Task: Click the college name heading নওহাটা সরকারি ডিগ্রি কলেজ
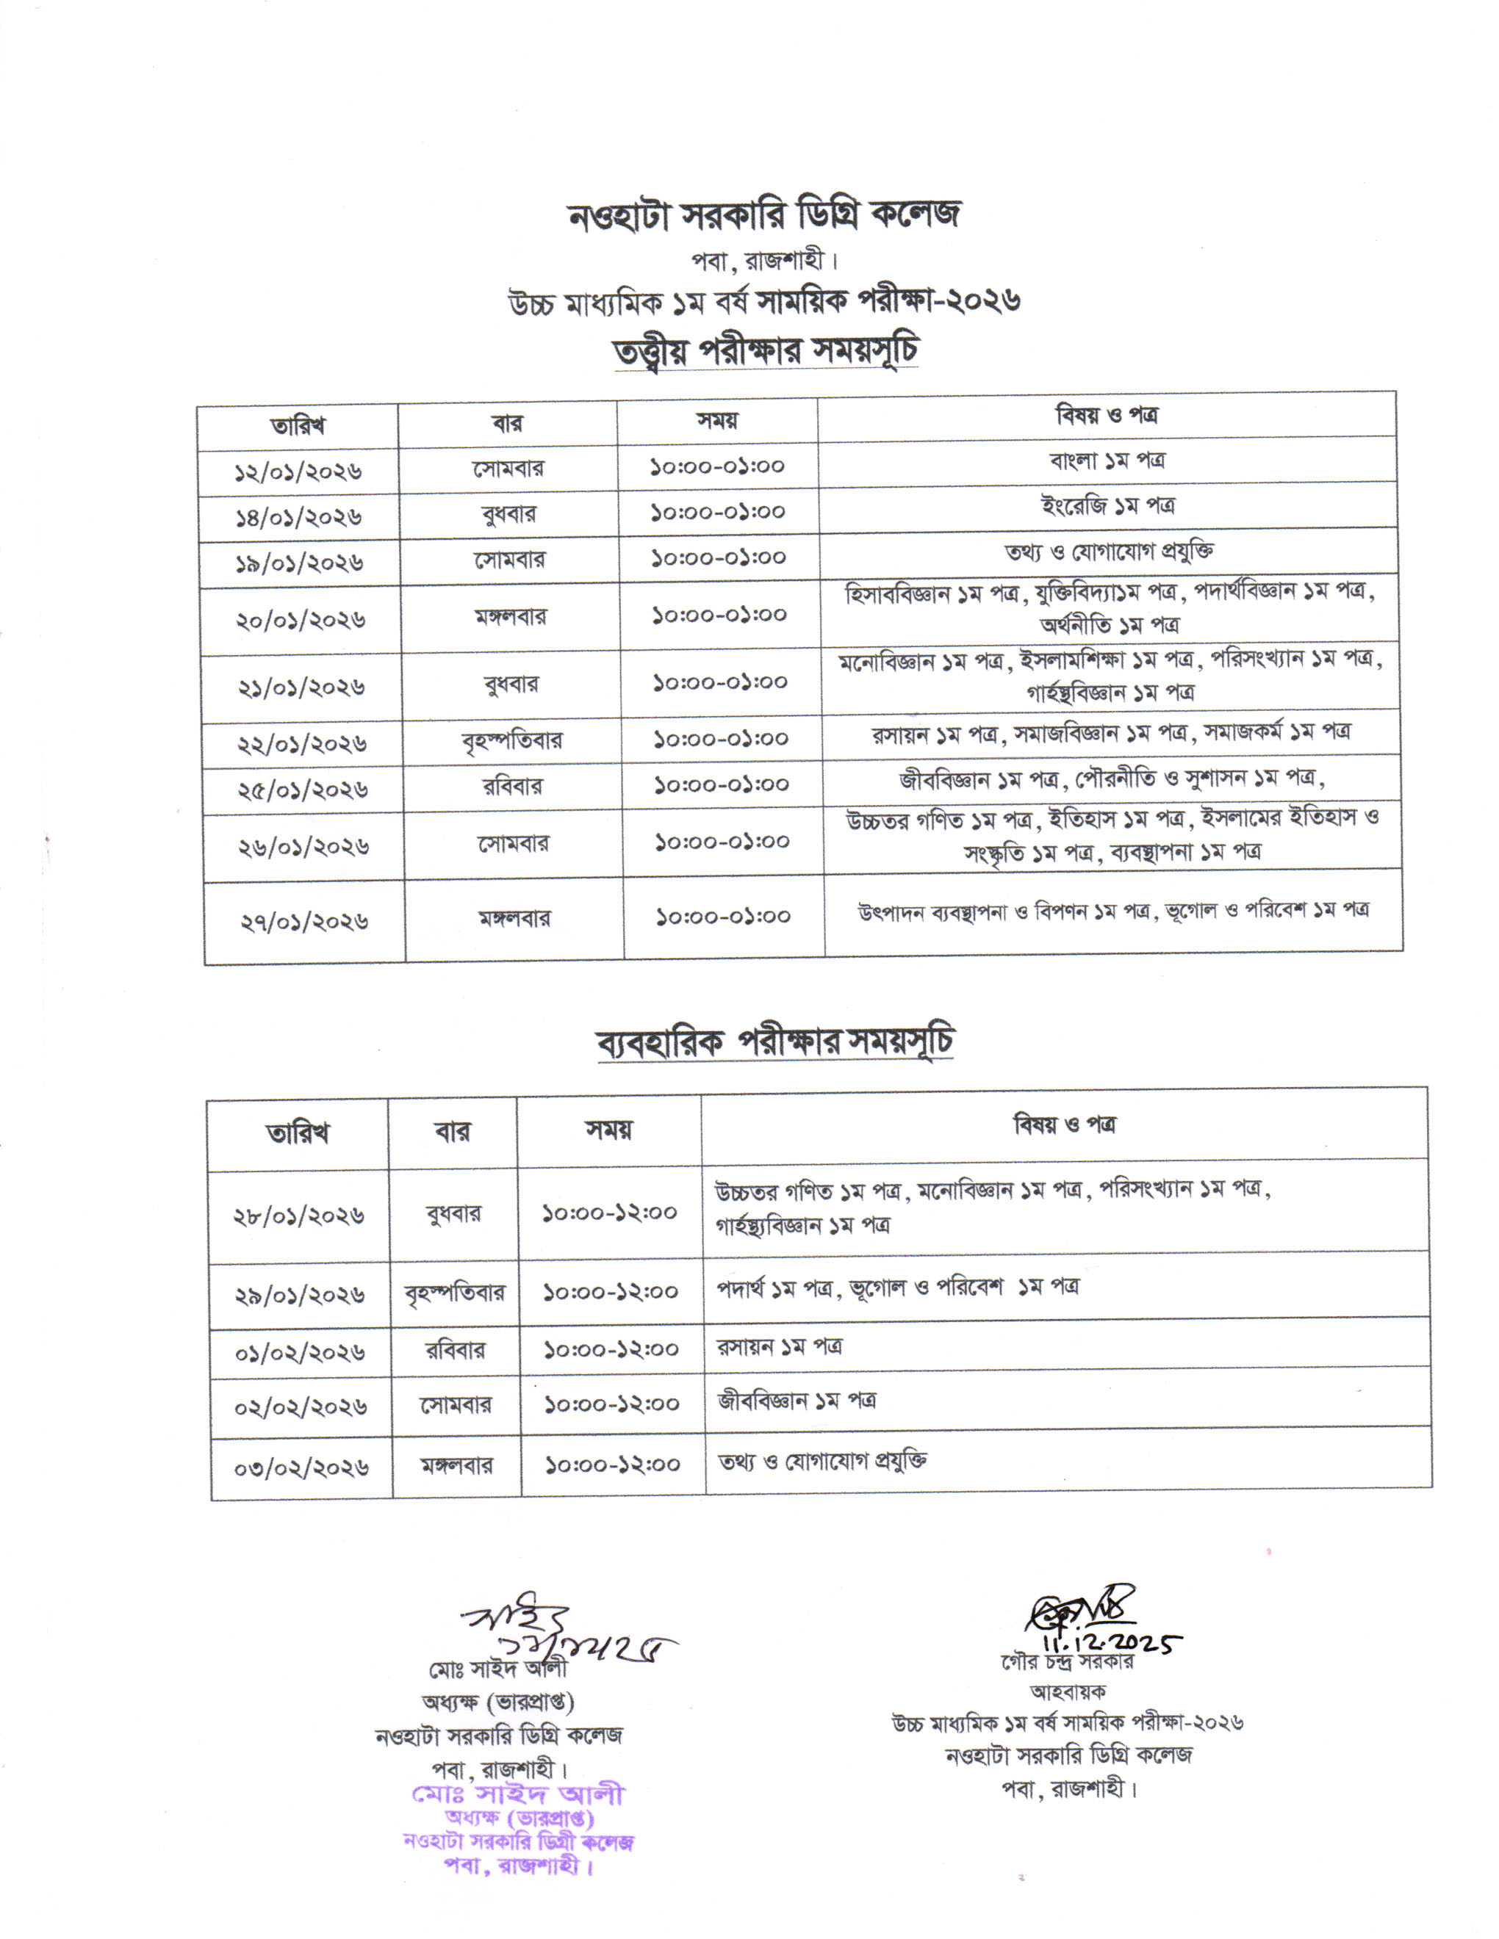pyautogui.click(x=763, y=216)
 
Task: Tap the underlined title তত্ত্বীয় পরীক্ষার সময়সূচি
pyautogui.click(x=766, y=350)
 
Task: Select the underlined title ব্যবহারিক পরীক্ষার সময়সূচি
pyautogui.click(x=774, y=1042)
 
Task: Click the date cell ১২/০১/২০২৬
pyautogui.click(x=298, y=472)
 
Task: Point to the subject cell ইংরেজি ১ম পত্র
pyautogui.click(x=1107, y=507)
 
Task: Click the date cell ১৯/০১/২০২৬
pyautogui.click(x=299, y=563)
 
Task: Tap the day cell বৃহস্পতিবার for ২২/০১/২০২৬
pyautogui.click(x=511, y=740)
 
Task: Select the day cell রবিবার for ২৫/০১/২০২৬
pyautogui.click(x=512, y=787)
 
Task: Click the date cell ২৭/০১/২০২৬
pyautogui.click(x=303, y=922)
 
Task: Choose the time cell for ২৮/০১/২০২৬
pyautogui.click(x=609, y=1213)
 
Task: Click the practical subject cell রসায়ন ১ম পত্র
pyautogui.click(x=780, y=1347)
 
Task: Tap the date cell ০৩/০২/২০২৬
pyautogui.click(x=301, y=1468)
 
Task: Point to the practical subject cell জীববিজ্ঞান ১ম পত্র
pyautogui.click(x=797, y=1402)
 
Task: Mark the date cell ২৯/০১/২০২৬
pyautogui.click(x=299, y=1296)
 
